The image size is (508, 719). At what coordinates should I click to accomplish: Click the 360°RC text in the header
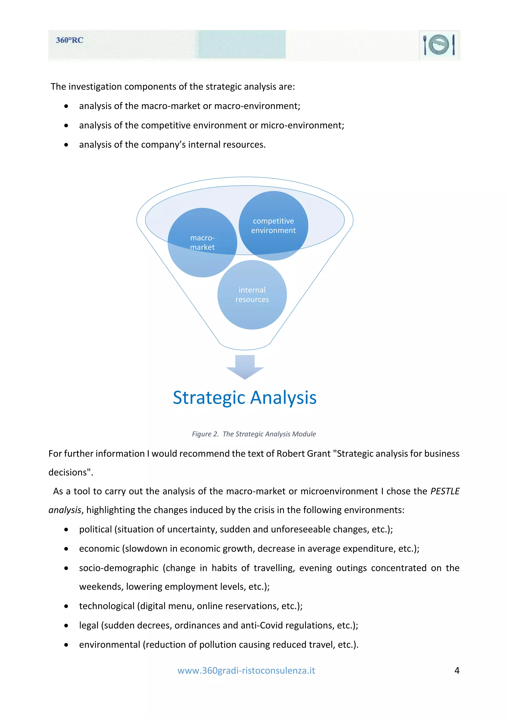pos(69,40)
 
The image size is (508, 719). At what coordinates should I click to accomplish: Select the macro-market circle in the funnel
pos(202,242)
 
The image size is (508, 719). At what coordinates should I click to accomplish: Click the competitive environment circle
pos(273,226)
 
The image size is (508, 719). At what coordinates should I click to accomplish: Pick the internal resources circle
pos(252,295)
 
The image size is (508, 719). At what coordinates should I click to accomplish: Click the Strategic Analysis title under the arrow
pos(245,397)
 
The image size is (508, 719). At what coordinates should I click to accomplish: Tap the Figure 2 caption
pos(254,434)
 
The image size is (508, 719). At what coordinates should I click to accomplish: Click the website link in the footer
pos(246,670)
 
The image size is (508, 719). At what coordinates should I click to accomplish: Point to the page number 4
pos(457,670)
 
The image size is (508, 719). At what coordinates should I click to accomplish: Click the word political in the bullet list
pos(95,529)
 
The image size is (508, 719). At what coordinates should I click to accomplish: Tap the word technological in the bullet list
pos(107,606)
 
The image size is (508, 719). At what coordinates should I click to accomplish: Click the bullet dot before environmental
pos(66,645)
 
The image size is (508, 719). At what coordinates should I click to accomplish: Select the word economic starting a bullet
pos(99,549)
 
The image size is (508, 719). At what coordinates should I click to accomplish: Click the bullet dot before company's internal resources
pos(66,145)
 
